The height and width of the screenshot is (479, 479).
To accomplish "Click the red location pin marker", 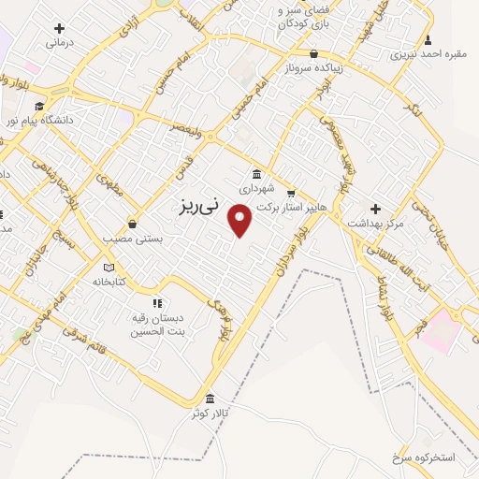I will (x=241, y=220).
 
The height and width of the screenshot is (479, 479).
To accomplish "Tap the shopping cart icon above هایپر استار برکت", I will (x=291, y=193).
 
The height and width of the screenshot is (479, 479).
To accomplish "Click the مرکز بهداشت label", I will (x=375, y=223).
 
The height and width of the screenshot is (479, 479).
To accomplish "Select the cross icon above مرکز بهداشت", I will (x=375, y=209).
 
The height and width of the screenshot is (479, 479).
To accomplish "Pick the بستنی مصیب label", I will (x=134, y=239).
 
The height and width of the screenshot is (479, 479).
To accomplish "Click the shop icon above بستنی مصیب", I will (x=134, y=225).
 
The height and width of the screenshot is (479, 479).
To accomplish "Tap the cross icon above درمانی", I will (x=61, y=28).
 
